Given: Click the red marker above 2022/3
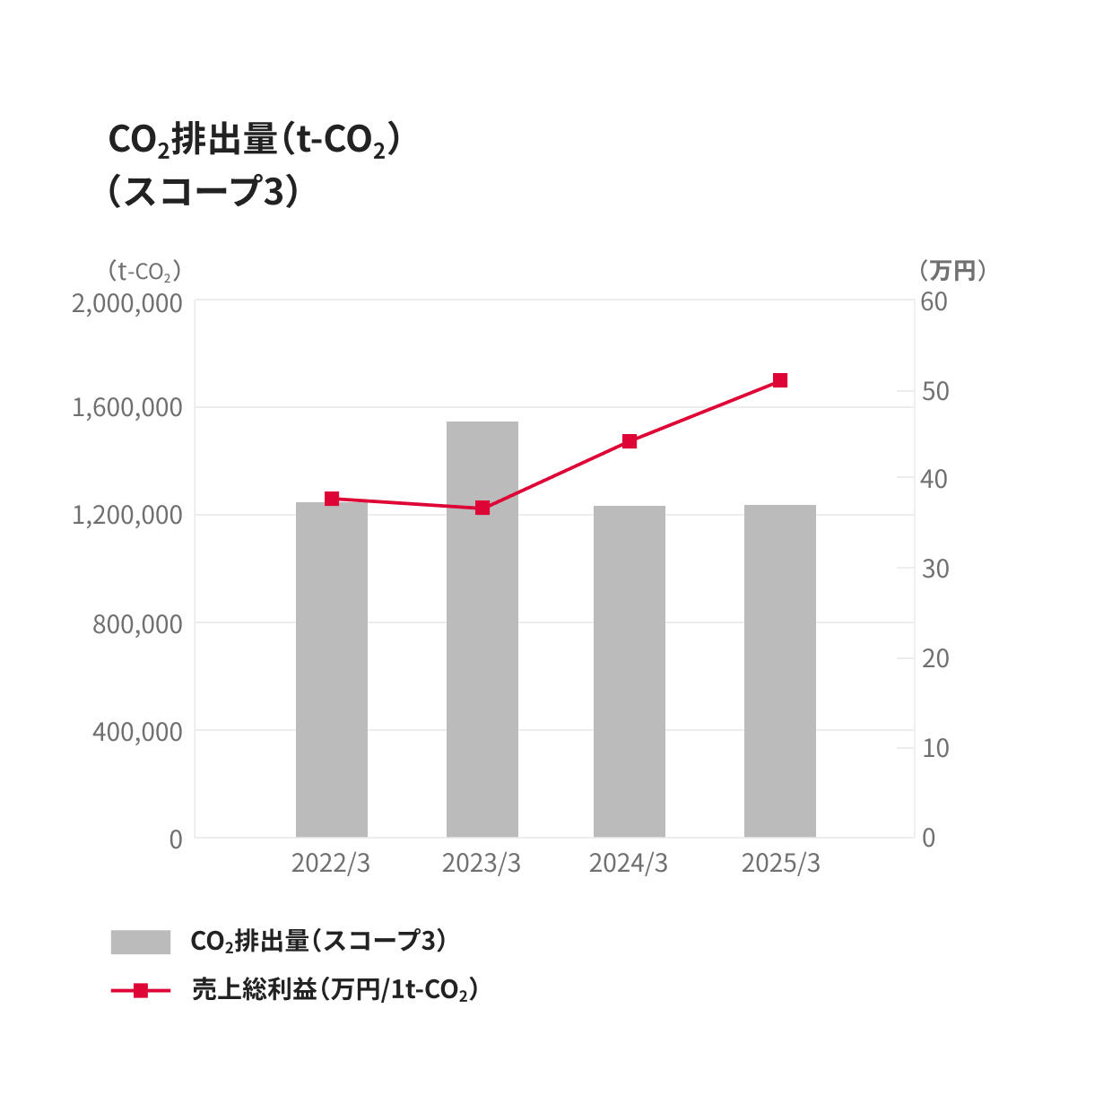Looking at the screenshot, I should coord(332,499).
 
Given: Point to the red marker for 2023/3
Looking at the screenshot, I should coord(482,508).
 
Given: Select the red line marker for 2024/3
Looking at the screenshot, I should coord(630,441).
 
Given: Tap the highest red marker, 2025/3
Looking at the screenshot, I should coord(780,380).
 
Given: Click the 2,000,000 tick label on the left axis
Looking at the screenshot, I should coord(127,303).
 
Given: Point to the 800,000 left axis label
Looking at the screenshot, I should coord(137,623).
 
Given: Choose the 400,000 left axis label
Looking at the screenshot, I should coord(137,732).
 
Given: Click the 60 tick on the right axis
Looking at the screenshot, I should coord(934,301).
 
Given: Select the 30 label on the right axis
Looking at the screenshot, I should coord(935,569).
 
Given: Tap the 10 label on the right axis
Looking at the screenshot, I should coord(935,748).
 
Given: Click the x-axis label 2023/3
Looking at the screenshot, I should coord(482,863).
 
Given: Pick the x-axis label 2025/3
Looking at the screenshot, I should coord(781,863).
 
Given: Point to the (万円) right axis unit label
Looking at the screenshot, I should coord(952,270).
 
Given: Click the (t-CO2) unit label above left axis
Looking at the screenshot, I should coord(144,270).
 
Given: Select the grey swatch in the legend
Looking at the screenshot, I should coord(141,942).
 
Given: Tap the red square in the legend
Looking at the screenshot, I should coord(141,991).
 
